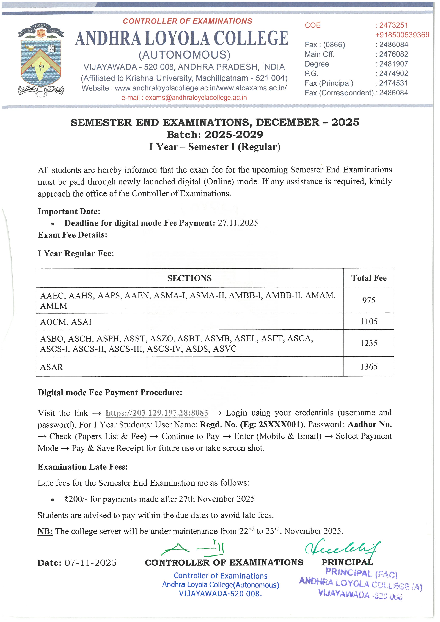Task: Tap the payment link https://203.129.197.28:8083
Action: coord(157,413)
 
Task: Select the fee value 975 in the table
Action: coord(368,300)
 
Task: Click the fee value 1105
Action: coord(368,322)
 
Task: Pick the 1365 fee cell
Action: coord(368,367)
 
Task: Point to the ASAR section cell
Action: coord(51,367)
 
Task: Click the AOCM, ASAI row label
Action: coord(66,322)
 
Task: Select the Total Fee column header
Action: coord(369,278)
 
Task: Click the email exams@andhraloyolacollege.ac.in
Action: coord(196,98)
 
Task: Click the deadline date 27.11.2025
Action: coord(238,223)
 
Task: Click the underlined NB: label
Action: coord(45,532)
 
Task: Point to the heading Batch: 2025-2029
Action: coord(215,135)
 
